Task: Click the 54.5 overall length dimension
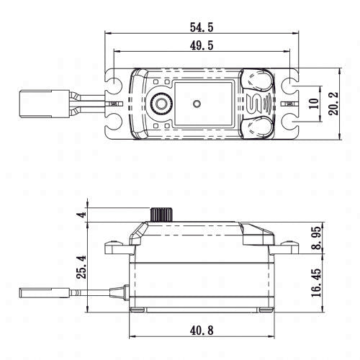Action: [201, 27]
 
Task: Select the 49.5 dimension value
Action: [201, 45]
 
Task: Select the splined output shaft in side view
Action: [159, 214]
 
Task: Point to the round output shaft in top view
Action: [161, 104]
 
